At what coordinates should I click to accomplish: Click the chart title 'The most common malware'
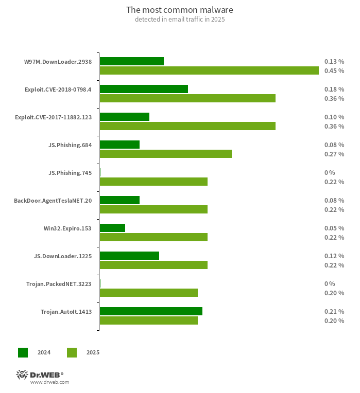coord(180,10)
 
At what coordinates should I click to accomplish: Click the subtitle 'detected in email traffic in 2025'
coord(180,20)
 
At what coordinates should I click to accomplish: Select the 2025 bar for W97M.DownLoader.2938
coord(209,70)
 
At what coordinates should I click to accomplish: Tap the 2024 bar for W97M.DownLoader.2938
coord(132,61)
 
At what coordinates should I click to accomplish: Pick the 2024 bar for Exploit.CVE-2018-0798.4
coord(144,89)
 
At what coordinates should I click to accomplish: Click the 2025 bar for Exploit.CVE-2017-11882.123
coord(187,126)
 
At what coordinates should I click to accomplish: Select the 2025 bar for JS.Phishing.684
coord(165,154)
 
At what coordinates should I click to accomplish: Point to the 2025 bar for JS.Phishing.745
coord(153,182)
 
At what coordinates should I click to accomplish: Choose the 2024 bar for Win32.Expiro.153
coord(112,228)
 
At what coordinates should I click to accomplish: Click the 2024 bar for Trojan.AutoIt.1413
coord(151,311)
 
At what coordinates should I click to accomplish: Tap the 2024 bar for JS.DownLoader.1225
coord(129,256)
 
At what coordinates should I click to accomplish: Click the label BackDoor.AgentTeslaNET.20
coord(53,201)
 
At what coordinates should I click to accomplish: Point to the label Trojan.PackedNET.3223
coord(59,284)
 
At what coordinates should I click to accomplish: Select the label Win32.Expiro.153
coord(68,228)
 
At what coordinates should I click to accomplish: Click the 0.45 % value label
coord(334,71)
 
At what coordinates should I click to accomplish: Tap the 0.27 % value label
coord(334,154)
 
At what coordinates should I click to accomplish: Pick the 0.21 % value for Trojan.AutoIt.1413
coord(334,312)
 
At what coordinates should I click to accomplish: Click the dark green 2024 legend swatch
coord(23,352)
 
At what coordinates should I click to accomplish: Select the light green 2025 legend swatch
coord(72,352)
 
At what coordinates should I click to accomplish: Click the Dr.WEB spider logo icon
coord(22,374)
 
